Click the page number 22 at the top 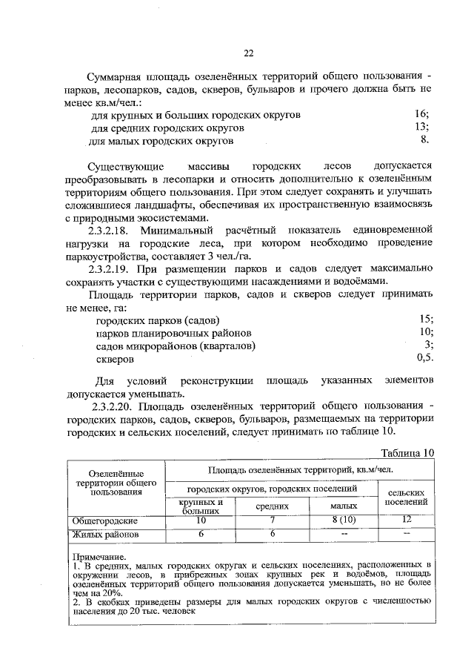(x=249, y=52)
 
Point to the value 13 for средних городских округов (x=422, y=126)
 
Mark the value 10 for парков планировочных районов (x=426, y=331)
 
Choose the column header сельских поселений (x=406, y=497)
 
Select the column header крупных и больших (x=200, y=506)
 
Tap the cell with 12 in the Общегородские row (x=406, y=520)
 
